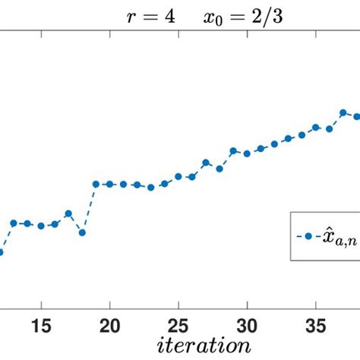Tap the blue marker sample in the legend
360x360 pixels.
[309, 236]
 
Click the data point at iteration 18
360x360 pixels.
[82, 232]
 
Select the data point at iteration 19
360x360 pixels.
[96, 184]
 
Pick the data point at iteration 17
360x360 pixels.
[68, 213]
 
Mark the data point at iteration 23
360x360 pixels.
[150, 187]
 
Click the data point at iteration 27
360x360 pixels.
[205, 162]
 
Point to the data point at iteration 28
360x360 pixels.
[219, 169]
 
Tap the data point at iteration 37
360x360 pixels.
[343, 113]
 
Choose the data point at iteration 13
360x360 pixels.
[14, 223]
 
